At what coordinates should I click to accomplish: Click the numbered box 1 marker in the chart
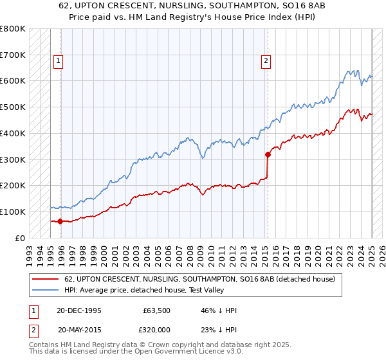tap(58, 61)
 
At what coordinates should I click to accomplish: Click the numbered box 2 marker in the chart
tap(266, 61)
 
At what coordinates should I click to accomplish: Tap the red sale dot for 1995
tap(60, 221)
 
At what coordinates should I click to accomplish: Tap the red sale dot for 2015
tap(268, 154)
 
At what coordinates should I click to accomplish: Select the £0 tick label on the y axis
tap(20, 238)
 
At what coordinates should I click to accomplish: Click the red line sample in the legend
tap(45, 280)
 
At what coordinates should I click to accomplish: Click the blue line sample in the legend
tap(45, 291)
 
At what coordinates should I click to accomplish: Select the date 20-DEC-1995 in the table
tap(79, 310)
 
